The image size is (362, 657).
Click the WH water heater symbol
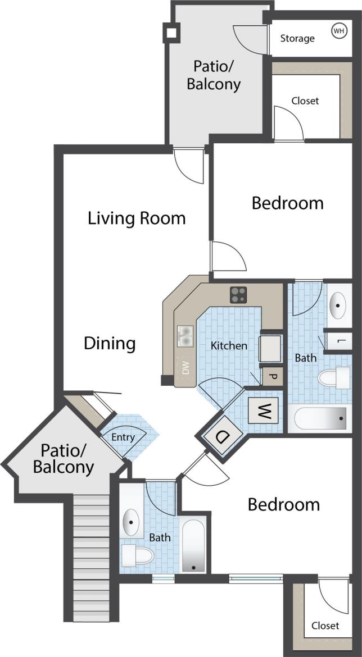(x=339, y=30)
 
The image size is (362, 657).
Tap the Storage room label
(x=297, y=38)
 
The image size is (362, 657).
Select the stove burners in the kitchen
(x=238, y=294)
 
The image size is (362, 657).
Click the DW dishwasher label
(x=185, y=368)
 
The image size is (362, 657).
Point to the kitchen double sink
(x=185, y=337)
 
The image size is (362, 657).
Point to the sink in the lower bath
(x=132, y=522)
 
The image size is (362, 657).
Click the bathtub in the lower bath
(x=193, y=545)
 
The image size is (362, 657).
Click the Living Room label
(x=137, y=218)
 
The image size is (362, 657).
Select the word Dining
(x=110, y=343)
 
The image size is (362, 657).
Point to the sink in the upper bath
(x=338, y=305)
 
